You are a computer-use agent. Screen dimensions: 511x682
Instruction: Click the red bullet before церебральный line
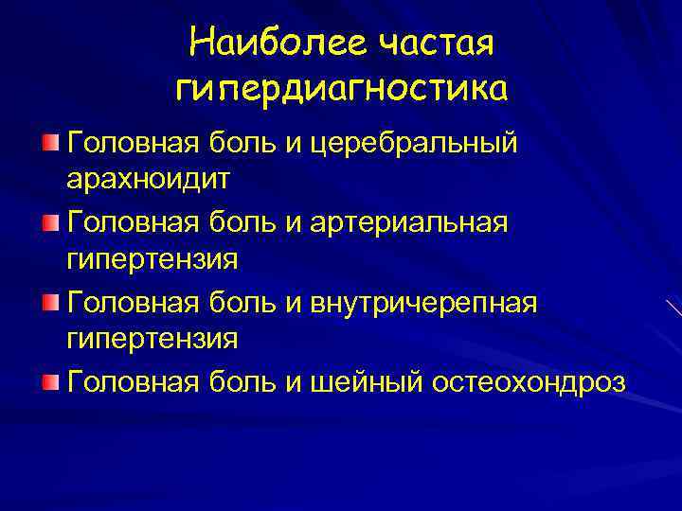coord(50,142)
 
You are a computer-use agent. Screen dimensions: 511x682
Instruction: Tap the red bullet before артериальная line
coord(50,222)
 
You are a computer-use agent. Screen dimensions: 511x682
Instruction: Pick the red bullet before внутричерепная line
coord(50,302)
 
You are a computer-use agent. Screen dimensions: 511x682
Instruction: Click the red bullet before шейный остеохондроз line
coord(50,381)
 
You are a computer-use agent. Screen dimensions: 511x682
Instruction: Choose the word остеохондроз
coord(528,382)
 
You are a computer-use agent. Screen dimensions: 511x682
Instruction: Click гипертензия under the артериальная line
coord(152,257)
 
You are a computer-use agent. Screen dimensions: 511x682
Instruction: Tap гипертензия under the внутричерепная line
coord(152,337)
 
